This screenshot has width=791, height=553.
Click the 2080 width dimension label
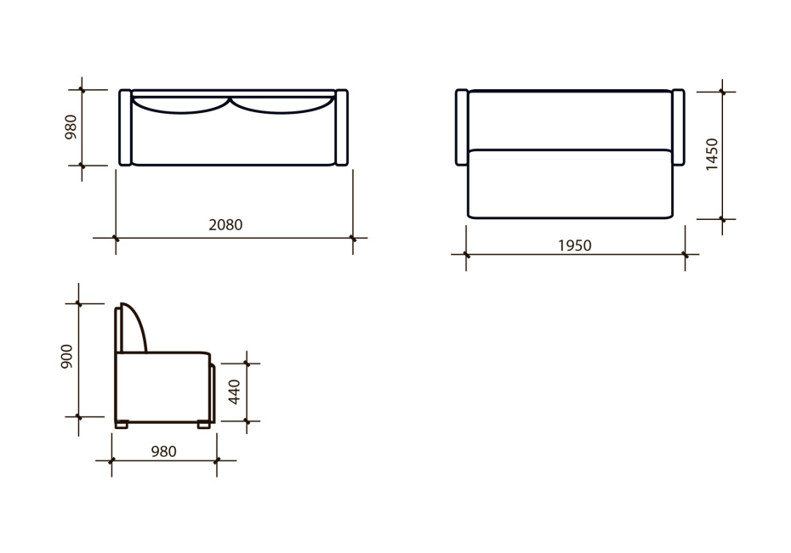coord(225,224)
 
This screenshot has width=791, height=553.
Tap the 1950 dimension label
coord(575,245)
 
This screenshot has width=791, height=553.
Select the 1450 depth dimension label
coord(712,154)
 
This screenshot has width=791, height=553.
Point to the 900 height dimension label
coord(66,357)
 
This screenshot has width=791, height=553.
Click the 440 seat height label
coord(235,392)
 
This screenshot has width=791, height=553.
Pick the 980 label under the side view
coord(164,452)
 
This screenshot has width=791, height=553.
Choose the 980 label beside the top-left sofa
coord(71,127)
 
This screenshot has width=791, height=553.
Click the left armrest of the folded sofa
coord(125,127)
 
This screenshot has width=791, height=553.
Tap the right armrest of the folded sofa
coord(342,127)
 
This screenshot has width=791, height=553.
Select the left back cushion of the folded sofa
coord(180,104)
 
